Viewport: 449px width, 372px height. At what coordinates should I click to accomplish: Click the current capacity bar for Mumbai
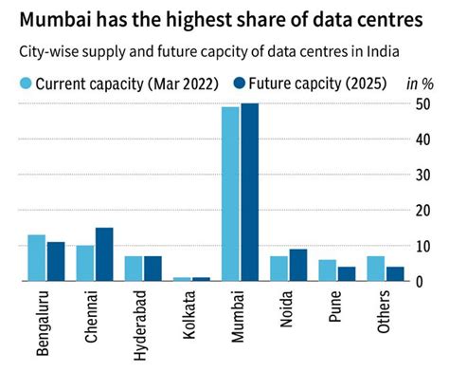(x=230, y=194)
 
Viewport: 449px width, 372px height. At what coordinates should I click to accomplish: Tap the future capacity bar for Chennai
(x=104, y=254)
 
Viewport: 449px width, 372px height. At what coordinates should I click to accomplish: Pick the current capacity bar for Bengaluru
(x=37, y=257)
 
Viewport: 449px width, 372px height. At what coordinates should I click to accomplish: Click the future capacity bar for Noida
(x=298, y=265)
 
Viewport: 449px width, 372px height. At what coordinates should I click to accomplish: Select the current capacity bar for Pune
(x=327, y=270)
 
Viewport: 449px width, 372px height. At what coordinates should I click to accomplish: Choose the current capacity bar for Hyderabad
(x=134, y=268)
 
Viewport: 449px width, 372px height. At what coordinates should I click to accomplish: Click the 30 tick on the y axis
(x=425, y=175)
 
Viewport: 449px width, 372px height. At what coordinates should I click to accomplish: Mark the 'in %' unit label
(x=421, y=84)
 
